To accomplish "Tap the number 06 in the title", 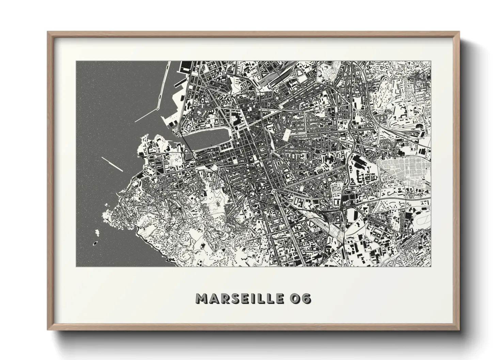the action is pos(299,298).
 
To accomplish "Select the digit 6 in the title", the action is pos(305,298).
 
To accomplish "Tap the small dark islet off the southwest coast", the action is pos(95,243).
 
